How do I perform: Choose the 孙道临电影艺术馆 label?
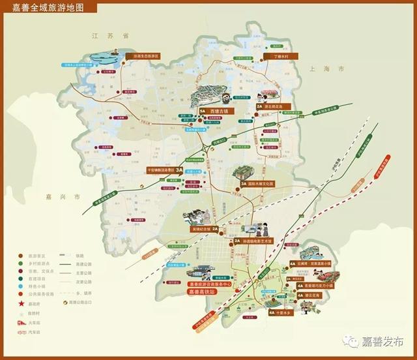coord(257,241)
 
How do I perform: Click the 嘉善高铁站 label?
coord(203,292)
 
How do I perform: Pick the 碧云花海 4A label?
coord(304,295)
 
